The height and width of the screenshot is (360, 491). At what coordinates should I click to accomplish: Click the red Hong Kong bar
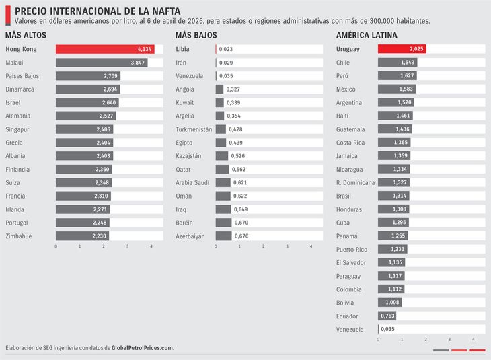coord(104,49)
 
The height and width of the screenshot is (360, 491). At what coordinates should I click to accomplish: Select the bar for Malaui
coord(101,63)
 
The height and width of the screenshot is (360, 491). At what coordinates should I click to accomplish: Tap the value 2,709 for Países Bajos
coord(110,76)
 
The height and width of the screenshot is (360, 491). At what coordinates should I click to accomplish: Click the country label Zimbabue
coord(19,236)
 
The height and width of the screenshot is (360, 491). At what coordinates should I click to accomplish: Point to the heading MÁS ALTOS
coord(26,35)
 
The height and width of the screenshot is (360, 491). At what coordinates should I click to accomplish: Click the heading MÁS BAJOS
coord(196,35)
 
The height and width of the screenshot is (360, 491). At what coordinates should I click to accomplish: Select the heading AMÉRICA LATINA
coord(367,35)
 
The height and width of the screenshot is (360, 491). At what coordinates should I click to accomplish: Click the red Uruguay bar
coord(402,49)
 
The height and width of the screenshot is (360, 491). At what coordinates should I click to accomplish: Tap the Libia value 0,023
coord(226,49)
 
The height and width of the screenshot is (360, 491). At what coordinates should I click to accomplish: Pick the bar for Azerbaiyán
coord(223,236)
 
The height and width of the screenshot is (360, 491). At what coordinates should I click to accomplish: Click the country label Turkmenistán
coord(194,129)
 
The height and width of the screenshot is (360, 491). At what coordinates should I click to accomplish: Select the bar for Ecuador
coord(387,316)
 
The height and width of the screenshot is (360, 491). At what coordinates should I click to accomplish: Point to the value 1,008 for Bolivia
coord(393,303)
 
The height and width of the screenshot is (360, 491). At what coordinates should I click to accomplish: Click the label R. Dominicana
coord(354,182)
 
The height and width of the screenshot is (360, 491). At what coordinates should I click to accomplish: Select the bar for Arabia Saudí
coord(223,182)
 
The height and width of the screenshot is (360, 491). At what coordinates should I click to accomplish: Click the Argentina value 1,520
coord(405,103)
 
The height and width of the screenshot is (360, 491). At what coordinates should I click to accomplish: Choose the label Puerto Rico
coord(352,249)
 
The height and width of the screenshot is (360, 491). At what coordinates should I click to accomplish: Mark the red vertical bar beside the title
coord(7,15)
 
